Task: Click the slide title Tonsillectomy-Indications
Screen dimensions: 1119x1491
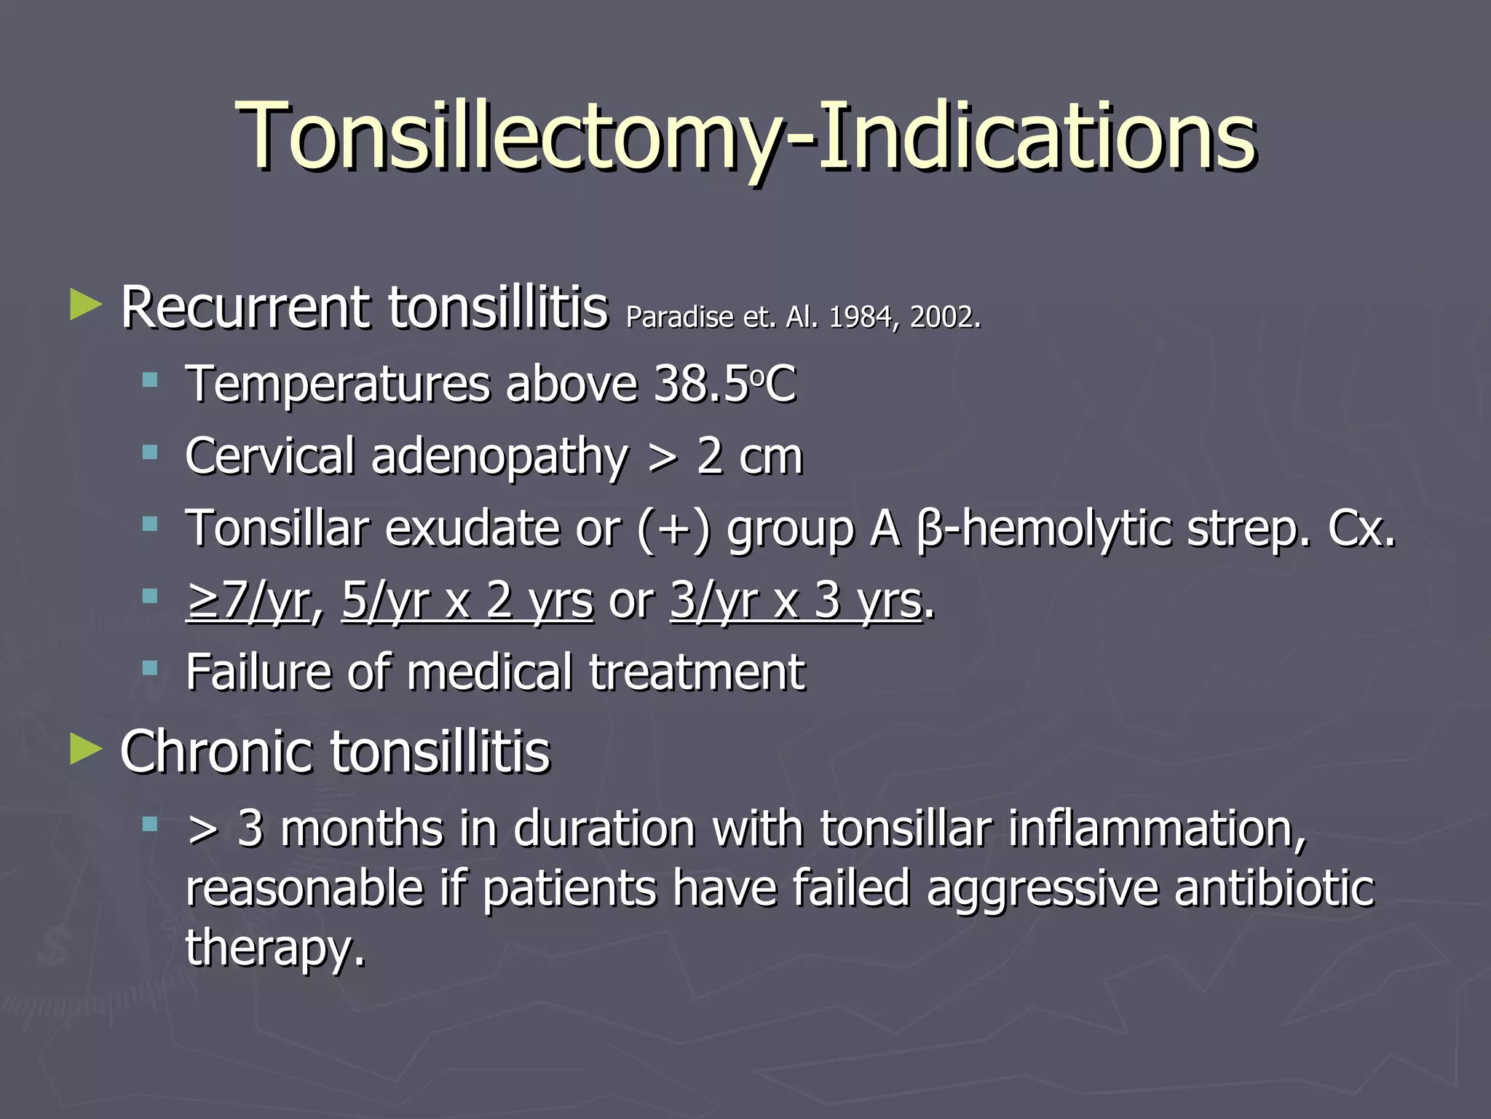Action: (x=745, y=136)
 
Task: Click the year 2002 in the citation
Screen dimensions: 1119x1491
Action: (x=944, y=317)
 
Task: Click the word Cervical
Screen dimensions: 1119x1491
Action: (x=269, y=456)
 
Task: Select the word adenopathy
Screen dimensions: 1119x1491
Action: (x=499, y=458)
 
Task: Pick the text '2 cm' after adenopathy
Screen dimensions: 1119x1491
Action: (x=749, y=456)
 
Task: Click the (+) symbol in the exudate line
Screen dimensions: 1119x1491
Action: (x=673, y=528)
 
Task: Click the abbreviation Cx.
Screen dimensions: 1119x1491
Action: (x=1361, y=528)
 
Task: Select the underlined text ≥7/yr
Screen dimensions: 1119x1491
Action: (x=248, y=601)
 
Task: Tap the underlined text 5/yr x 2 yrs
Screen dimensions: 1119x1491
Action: (x=467, y=601)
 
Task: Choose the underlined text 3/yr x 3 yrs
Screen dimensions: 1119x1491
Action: (x=796, y=601)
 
